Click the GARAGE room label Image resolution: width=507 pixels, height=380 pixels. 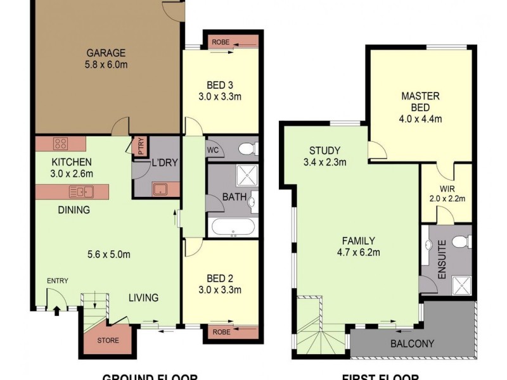pos(106,53)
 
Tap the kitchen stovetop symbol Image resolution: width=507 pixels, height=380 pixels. pos(61,143)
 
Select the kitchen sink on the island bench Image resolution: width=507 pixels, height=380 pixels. pos(83,191)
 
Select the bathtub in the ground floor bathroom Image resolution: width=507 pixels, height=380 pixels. pos(232,227)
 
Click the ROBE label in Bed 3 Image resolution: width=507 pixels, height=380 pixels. pos(221,42)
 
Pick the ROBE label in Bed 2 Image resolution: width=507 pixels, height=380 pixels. pos(221,331)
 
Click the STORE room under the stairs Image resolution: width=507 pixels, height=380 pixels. pos(107,340)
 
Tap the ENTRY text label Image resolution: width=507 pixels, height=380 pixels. pos(57,281)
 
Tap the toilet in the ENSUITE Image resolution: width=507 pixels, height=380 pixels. pos(464,241)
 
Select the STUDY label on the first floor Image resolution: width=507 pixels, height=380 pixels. pos(324,151)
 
